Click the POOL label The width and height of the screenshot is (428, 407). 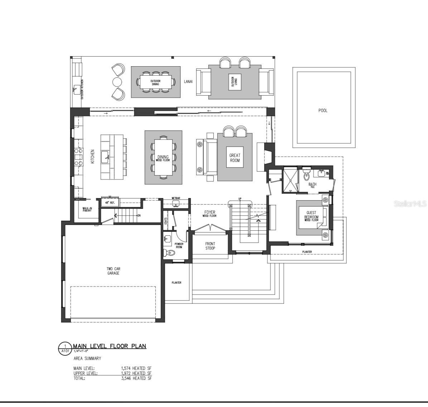(323, 110)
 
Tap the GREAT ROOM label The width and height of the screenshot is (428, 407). (235, 158)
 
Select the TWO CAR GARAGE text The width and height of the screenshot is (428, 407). (113, 271)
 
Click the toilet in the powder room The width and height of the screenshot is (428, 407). (170, 253)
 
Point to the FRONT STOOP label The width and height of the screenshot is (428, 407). (210, 246)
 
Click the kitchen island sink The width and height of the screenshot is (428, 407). (106, 156)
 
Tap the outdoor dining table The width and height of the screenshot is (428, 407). (155, 82)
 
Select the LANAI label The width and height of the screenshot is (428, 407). (188, 82)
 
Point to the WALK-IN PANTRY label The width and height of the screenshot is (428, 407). (87, 210)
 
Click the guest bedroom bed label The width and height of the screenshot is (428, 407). (311, 216)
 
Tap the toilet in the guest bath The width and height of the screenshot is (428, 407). (307, 176)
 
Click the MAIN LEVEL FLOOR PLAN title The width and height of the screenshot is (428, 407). (110, 346)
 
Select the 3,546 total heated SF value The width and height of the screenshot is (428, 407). (136, 378)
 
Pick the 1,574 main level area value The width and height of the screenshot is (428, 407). (136, 368)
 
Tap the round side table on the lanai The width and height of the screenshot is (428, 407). (117, 82)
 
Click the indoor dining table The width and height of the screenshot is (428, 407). (163, 157)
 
